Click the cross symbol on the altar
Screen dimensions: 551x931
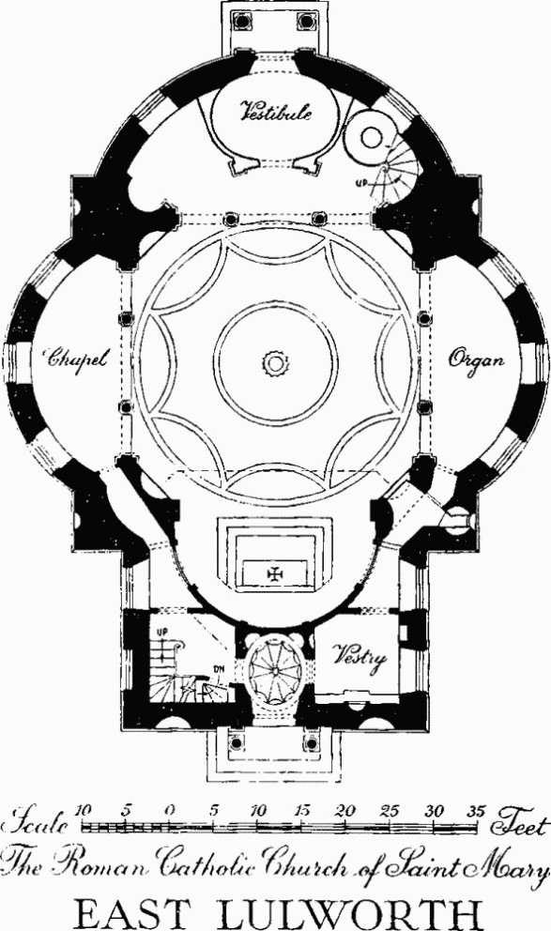[275, 573]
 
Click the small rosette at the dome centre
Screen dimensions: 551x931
[275, 362]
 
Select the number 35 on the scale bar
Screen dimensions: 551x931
[476, 812]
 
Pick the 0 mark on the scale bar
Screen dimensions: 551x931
[170, 811]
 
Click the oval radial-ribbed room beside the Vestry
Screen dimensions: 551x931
[275, 669]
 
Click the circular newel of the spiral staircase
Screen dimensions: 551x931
[372, 138]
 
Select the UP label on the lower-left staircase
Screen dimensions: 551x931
[160, 633]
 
